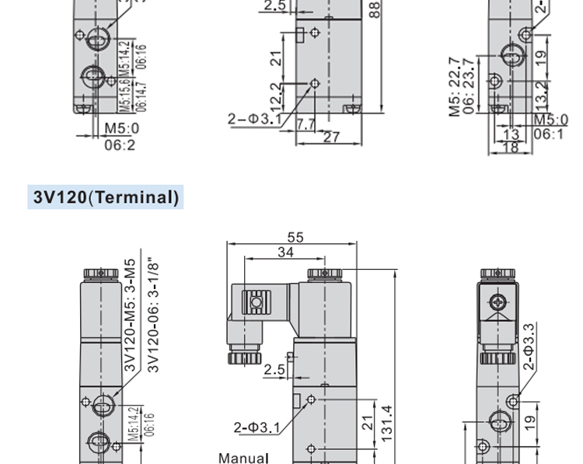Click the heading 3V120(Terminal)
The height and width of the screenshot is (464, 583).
pyautogui.click(x=106, y=197)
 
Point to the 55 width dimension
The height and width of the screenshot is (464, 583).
pyautogui.click(x=295, y=238)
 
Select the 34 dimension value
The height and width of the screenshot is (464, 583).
pyautogui.click(x=285, y=253)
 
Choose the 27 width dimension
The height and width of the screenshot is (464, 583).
pyautogui.click(x=331, y=138)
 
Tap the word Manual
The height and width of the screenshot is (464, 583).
pyautogui.click(x=243, y=458)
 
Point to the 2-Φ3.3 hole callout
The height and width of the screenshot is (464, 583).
pyautogui.click(x=529, y=346)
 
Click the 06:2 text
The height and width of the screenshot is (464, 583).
pyautogui.click(x=120, y=145)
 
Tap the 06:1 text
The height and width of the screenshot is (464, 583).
pyautogui.click(x=550, y=134)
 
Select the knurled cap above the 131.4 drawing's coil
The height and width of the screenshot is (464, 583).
pyautogui.click(x=324, y=274)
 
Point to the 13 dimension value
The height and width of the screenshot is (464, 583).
pyautogui.click(x=511, y=134)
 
